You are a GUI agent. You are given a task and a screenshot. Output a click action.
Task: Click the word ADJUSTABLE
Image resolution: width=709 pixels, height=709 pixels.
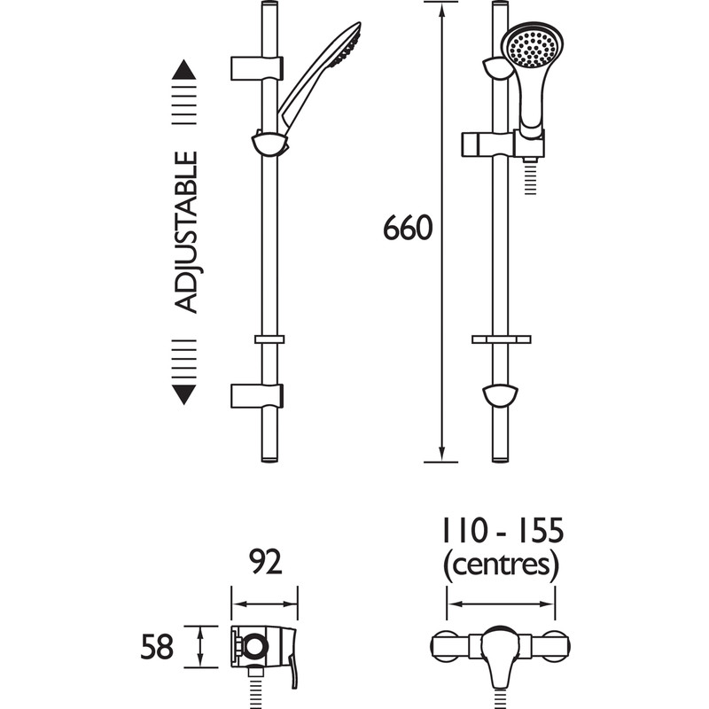click(x=185, y=232)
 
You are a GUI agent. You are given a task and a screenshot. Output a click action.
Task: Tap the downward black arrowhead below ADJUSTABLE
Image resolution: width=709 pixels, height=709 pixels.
click(x=183, y=394)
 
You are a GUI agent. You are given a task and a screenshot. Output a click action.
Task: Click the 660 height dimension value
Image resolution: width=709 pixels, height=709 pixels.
click(x=408, y=229)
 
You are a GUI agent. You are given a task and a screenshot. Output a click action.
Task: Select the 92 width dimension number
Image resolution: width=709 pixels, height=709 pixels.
click(x=263, y=562)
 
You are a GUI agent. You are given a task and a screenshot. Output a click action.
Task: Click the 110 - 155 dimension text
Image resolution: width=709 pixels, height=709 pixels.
click(x=502, y=532)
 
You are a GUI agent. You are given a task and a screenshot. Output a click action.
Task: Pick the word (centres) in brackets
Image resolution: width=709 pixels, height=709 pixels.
click(x=502, y=564)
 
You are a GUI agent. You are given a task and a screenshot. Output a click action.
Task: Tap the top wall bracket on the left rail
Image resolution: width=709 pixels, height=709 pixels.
click(x=257, y=68)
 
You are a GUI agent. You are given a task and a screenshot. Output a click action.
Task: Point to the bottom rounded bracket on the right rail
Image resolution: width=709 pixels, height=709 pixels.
click(x=503, y=394)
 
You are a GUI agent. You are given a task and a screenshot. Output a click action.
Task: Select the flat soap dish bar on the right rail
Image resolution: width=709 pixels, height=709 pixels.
click(x=502, y=339)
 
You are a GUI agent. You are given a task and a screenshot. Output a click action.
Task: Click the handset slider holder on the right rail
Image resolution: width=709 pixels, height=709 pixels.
click(x=502, y=144)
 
